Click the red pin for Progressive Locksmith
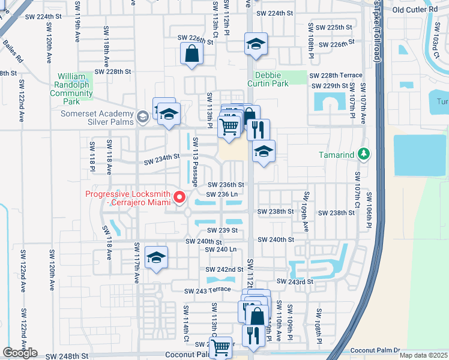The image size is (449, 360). pos(179,197)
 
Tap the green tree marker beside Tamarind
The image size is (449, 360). pos(363,155)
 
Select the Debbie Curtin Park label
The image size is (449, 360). pos(272,79)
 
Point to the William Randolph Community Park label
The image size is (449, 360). pos(71,89)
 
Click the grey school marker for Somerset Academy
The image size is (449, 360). pos(142,116)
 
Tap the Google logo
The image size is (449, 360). pos(20,353)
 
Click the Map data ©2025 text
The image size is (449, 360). pos(423,355)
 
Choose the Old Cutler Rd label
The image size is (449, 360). pos(415,10)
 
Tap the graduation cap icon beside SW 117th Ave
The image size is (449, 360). pos(157,258)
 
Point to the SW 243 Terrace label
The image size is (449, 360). pos(207,290)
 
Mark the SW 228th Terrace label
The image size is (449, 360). pos(336,75)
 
